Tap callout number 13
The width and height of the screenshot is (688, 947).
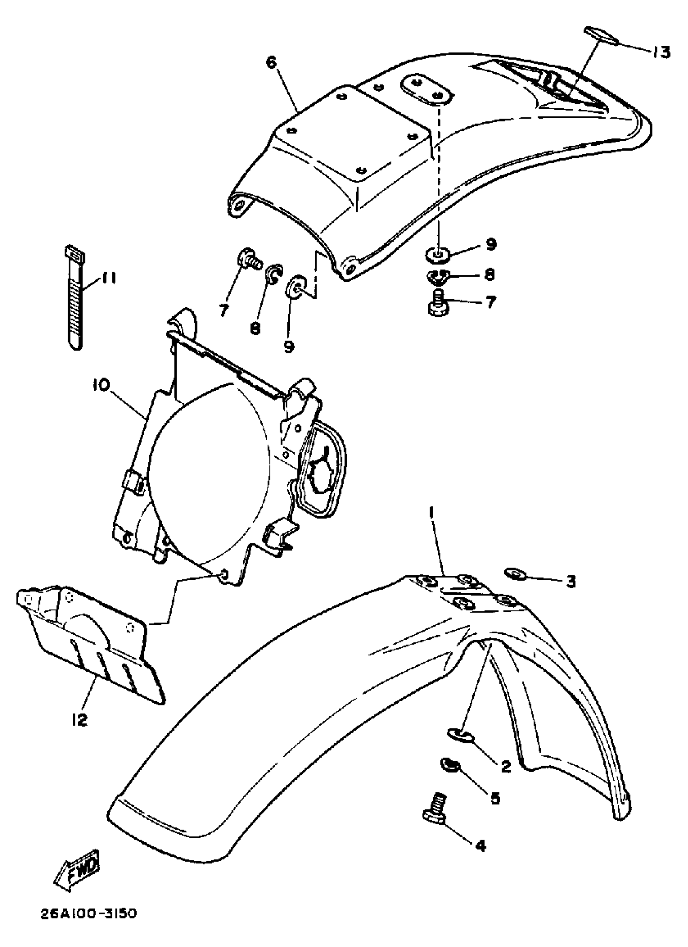click(660, 53)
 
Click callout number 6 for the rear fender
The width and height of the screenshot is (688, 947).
click(272, 63)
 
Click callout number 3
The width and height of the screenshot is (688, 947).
click(571, 581)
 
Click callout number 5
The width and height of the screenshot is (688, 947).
click(494, 798)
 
